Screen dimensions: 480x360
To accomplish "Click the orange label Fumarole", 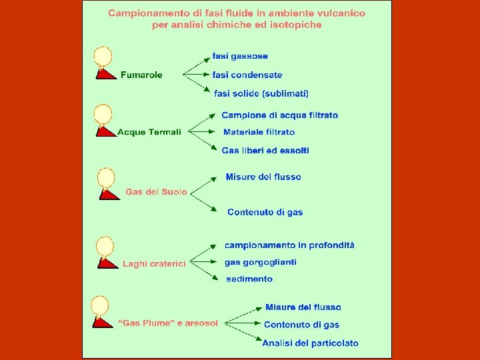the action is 141,75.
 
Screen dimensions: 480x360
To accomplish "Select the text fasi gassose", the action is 240,56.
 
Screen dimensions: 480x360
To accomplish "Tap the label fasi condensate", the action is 247,75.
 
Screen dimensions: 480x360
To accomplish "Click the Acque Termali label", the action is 149,132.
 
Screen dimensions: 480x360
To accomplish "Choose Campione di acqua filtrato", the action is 279,115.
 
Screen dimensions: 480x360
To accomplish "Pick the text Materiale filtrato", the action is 259,132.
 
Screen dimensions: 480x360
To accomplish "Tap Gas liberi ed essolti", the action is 265,151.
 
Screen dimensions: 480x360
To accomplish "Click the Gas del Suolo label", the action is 156,192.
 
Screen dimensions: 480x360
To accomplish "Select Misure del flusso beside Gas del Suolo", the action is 263,177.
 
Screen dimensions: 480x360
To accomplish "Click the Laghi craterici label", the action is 154,264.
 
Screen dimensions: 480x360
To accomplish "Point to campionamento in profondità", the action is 289,245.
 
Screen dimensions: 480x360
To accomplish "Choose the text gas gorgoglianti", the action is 260,262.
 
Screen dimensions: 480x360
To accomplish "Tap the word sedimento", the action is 249,279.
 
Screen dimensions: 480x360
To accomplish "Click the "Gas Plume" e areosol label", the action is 168,323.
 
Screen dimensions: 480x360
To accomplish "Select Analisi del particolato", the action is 310,343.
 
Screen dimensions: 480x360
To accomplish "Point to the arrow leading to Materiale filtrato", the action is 203,132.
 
